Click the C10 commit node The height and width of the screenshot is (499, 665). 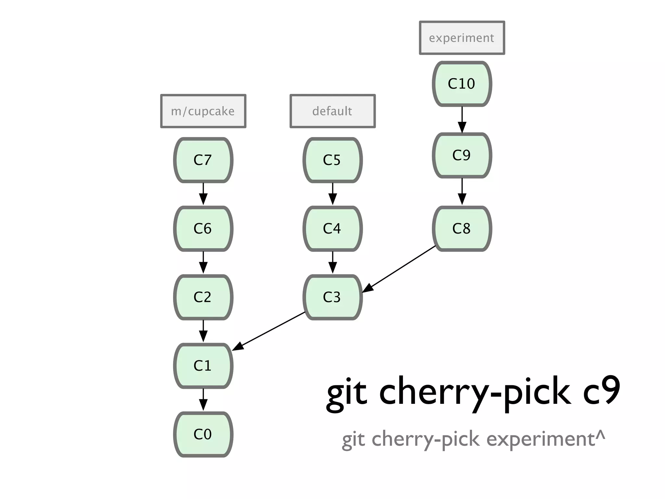coord(462,84)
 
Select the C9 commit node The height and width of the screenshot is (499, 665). coord(462,155)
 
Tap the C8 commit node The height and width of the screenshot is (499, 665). coord(462,228)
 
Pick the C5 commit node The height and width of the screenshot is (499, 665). coord(332,160)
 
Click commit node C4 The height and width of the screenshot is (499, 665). coord(332,228)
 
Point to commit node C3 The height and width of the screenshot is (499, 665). coord(332,297)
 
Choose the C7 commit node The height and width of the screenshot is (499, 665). coord(203,160)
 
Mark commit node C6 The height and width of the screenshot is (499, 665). coord(203,228)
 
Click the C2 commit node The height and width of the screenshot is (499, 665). coord(203,297)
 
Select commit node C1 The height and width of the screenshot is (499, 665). coord(203,365)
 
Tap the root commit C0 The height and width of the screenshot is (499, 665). coord(203,434)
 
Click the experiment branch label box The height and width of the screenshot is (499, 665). coord(462,38)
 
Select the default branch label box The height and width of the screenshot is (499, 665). coord(332,111)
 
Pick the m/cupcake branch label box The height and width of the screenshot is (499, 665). coord(203,111)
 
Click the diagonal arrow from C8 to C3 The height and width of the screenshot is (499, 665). coord(399,269)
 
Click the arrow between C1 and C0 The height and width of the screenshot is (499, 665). coord(203,400)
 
